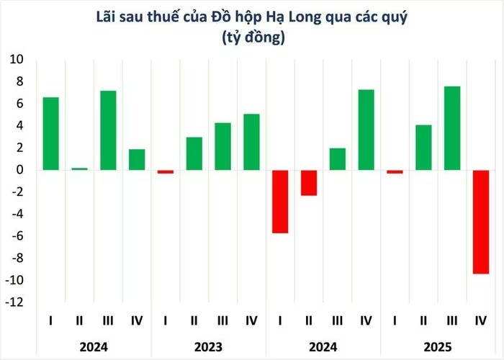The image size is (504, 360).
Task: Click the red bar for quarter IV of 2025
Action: pos(482,222)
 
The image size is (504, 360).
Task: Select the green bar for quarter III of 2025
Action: pos(453,128)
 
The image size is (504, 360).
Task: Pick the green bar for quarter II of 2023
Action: pos(194,153)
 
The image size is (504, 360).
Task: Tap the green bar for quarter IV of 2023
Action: pos(251,142)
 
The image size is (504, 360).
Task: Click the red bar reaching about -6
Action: pos(280,202)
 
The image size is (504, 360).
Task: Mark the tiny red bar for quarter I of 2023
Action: pos(166,171)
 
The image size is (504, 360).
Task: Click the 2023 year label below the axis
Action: pos(208,347)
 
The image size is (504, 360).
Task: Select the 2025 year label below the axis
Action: pos(438,347)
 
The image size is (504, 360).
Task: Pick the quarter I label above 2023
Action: pos(166,320)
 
